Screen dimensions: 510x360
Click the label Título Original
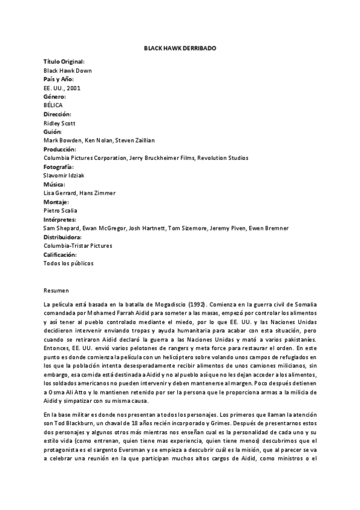point(64,61)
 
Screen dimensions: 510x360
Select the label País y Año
point(58,79)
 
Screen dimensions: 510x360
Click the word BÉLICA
point(53,105)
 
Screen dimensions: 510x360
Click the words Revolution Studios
point(223,158)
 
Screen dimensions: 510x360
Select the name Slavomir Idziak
point(63,175)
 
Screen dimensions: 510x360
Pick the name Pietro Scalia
point(60,210)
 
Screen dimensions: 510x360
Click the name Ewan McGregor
point(96,228)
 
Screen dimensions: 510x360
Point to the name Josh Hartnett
point(141,228)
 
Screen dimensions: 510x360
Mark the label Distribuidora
point(63,237)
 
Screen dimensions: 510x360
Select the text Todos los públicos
point(69,263)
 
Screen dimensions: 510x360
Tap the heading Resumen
point(56,289)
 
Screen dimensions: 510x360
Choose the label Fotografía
point(59,167)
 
